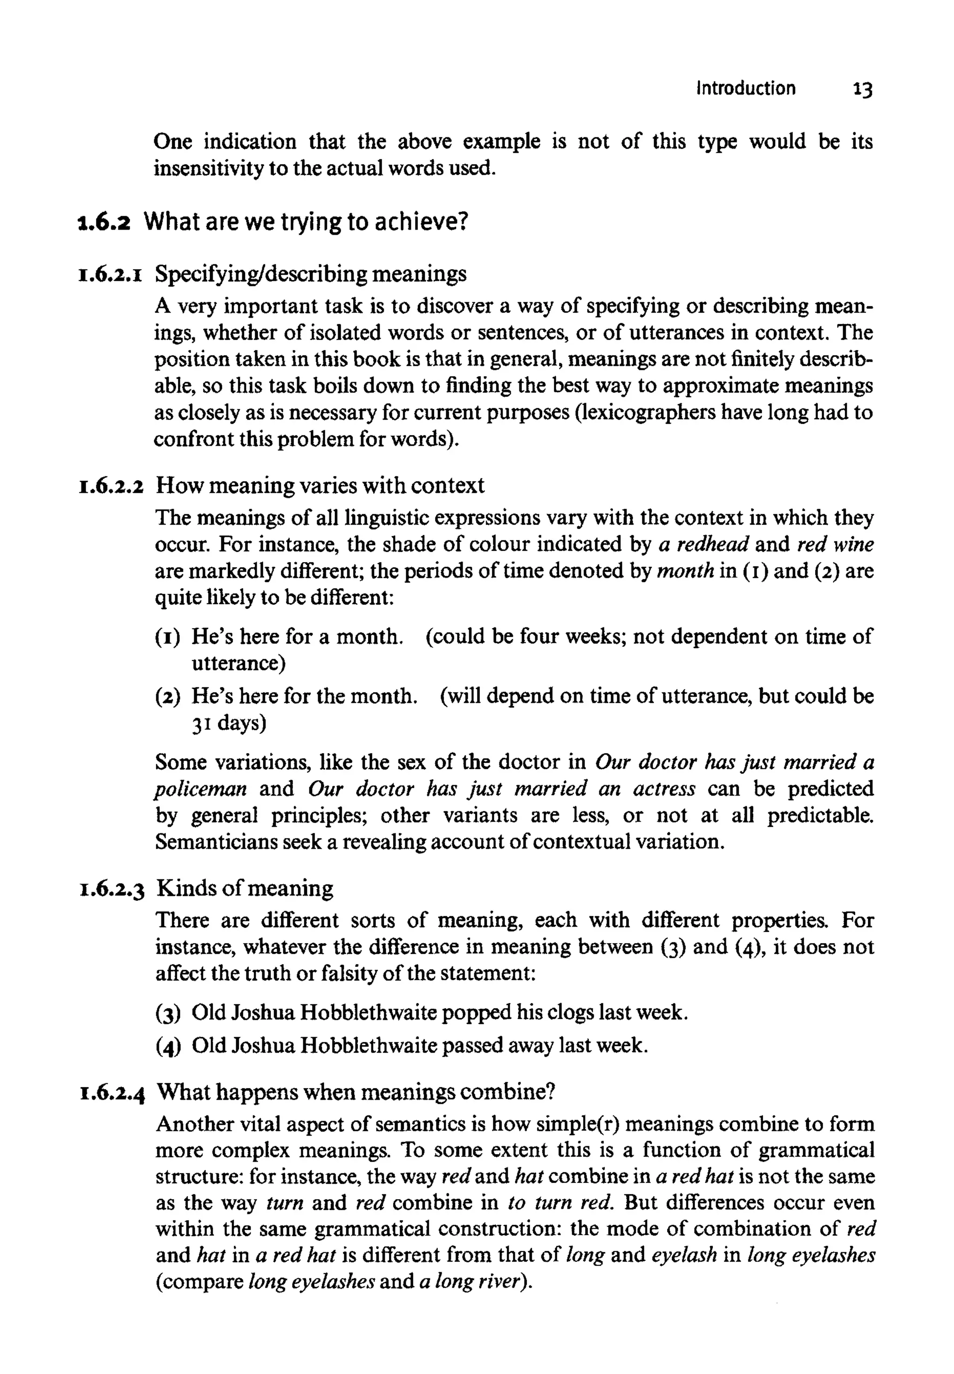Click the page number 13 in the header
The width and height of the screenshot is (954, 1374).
pos(863,89)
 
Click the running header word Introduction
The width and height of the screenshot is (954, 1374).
pos(745,88)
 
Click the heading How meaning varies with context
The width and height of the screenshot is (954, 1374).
pos(320,485)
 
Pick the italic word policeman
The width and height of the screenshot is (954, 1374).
pos(201,789)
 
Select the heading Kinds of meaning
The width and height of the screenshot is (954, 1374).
pos(245,889)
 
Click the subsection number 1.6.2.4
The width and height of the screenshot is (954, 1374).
pos(112,1093)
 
